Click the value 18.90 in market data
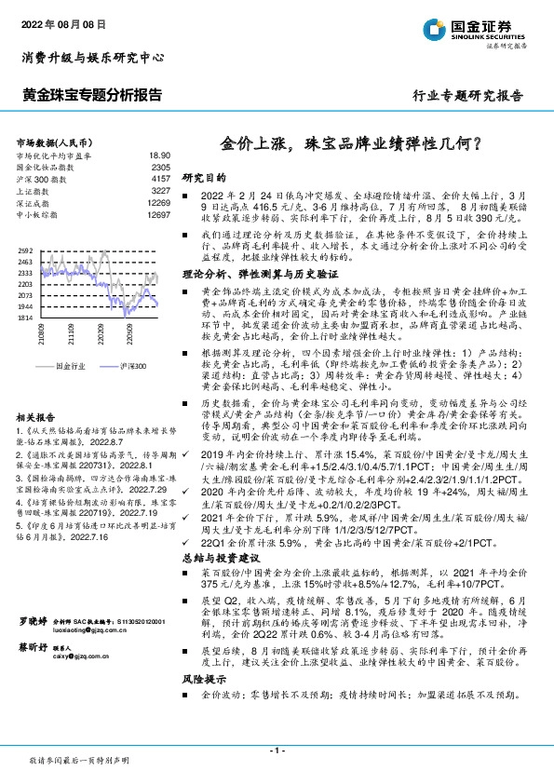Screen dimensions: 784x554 point(160,155)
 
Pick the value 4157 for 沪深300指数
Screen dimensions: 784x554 point(160,176)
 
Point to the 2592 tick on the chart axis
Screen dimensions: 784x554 point(25,250)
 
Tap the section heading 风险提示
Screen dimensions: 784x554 point(205,708)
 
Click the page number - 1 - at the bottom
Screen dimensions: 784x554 point(276,748)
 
